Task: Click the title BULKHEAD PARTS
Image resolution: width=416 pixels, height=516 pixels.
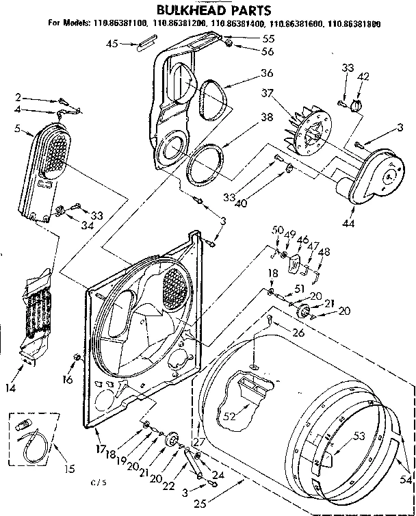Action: coord(205,10)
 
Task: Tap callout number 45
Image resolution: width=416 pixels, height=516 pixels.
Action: coord(113,44)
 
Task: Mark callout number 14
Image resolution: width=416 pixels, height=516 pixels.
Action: coord(10,388)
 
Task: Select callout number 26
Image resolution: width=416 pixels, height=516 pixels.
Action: coord(298,333)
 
